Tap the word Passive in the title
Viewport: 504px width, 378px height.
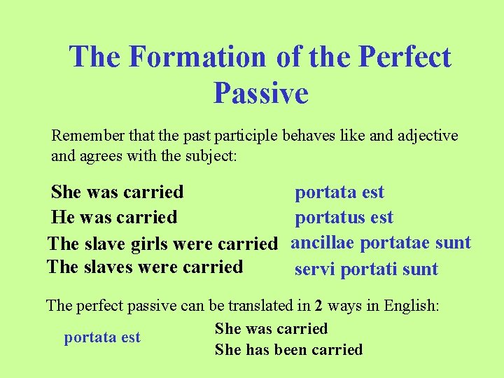pyautogui.click(x=260, y=92)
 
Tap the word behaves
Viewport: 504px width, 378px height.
pyautogui.click(x=309, y=135)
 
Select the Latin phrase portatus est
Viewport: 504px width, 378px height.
pyautogui.click(x=344, y=218)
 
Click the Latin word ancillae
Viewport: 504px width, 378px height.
pyautogui.click(x=324, y=243)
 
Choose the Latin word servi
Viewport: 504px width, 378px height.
pyautogui.click(x=313, y=269)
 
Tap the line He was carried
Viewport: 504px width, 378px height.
pyautogui.click(x=113, y=218)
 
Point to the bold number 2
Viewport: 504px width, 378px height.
pyautogui.click(x=318, y=305)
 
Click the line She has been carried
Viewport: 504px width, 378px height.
pyautogui.click(x=288, y=349)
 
